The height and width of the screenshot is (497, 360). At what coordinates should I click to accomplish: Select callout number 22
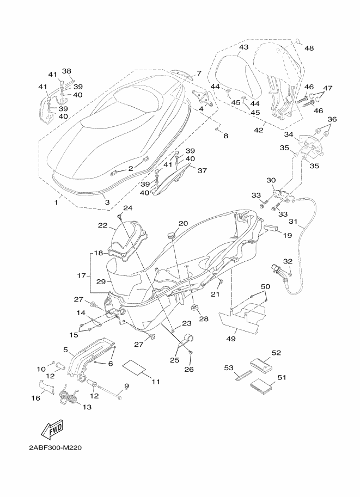[102, 225]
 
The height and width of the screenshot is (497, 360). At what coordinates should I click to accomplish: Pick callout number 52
[276, 352]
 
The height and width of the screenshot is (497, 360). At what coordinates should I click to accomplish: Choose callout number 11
[156, 382]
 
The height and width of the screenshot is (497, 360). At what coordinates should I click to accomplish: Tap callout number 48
[309, 48]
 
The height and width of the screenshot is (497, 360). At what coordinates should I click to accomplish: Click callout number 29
[101, 281]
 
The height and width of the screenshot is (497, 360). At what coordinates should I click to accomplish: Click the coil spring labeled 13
[68, 397]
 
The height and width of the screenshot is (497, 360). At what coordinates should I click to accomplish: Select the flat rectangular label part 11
[134, 367]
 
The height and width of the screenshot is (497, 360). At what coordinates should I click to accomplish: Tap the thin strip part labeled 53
[243, 377]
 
